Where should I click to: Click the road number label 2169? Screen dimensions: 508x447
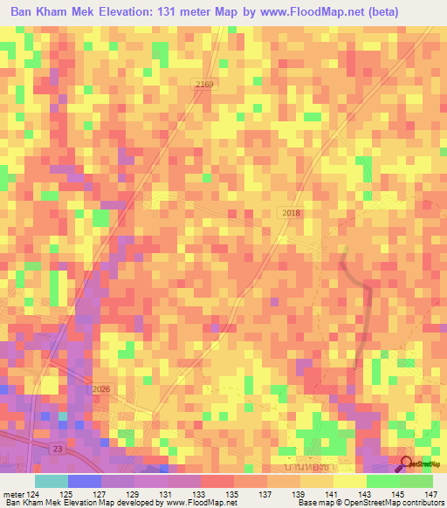pyautogui.click(x=203, y=82)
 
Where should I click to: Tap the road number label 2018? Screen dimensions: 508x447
pyautogui.click(x=292, y=213)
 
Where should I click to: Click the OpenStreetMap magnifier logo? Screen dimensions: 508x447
pyautogui.click(x=407, y=463)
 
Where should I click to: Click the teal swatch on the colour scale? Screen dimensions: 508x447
pyautogui.click(x=51, y=481)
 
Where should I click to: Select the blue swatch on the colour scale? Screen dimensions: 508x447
pyautogui.click(x=85, y=481)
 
